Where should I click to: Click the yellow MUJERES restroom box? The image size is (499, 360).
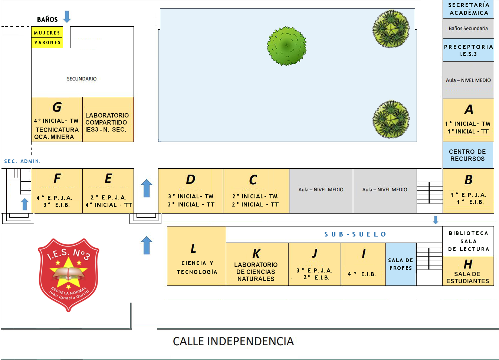tap(47, 33)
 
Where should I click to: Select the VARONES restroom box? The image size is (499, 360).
tap(47, 43)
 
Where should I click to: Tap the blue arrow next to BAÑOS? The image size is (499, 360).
tap(67, 17)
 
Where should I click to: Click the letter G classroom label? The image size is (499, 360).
tap(57, 107)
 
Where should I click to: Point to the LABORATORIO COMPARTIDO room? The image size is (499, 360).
tap(108, 122)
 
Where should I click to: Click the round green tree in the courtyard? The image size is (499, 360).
tap(287, 46)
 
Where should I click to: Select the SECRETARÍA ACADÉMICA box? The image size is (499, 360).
tap(468, 9)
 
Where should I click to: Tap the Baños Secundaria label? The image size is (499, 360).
tap(468, 28)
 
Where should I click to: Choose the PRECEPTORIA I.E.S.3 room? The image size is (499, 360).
tap(468, 50)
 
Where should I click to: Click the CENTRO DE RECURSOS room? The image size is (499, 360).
tap(468, 155)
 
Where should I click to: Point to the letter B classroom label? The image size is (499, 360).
tap(468, 180)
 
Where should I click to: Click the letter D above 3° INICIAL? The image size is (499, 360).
tap(190, 179)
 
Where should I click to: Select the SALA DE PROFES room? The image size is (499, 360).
tap(401, 264)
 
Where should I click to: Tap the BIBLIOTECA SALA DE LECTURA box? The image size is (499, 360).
tap(468, 241)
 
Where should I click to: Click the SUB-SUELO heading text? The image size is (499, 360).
tap(355, 234)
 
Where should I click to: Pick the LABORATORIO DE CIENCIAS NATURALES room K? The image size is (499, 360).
tap(256, 265)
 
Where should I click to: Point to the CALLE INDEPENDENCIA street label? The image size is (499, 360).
tap(233, 341)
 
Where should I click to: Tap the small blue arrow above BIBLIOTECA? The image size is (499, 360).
tap(436, 220)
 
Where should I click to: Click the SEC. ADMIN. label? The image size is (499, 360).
tap(22, 161)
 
